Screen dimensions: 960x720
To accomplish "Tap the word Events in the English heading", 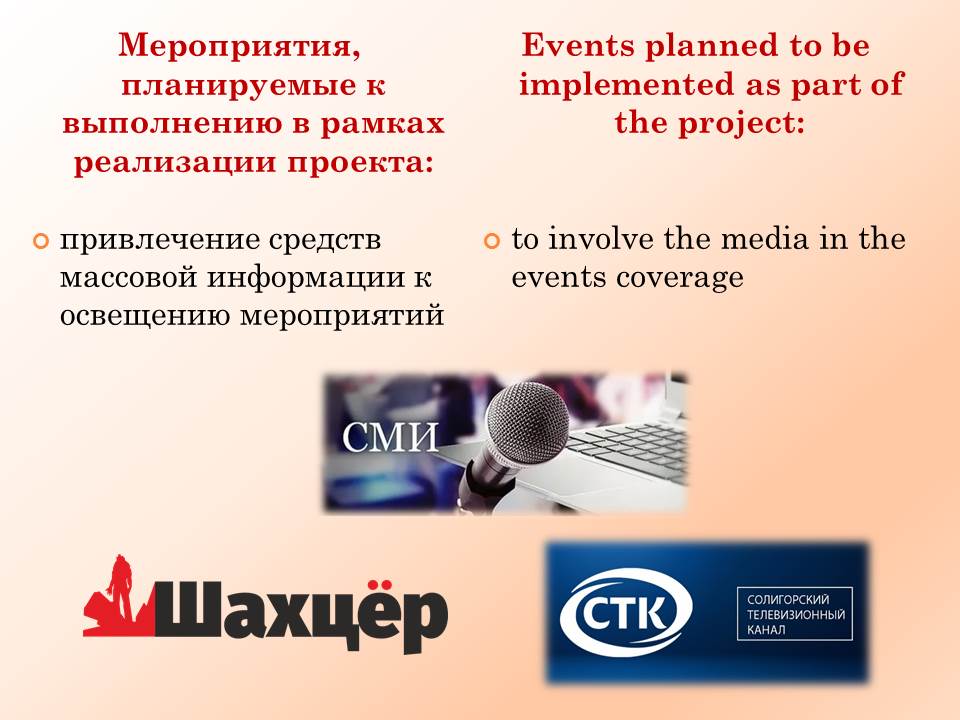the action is [x=578, y=45].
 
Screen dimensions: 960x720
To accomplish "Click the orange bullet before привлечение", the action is [x=40, y=241].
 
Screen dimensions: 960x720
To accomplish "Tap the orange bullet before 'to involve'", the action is [x=492, y=241].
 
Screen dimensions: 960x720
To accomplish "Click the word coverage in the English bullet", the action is [x=680, y=278].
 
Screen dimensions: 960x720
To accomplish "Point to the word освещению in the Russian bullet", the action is [x=145, y=316].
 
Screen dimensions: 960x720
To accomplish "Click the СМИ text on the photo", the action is [x=390, y=437].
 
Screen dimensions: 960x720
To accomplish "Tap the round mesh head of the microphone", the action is [x=527, y=422].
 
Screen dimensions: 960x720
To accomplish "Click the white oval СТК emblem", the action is [x=626, y=611].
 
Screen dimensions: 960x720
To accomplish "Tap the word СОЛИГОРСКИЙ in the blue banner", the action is [x=788, y=600].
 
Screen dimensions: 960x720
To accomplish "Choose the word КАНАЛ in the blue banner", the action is [x=766, y=629].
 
